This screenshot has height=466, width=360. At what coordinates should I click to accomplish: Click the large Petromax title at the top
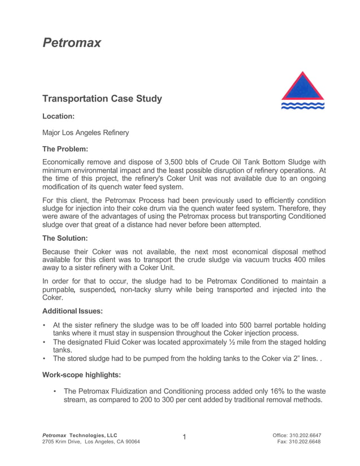click(x=72, y=43)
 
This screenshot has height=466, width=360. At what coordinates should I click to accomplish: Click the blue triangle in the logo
click(x=303, y=89)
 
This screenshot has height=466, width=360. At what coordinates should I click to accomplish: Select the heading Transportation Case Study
click(x=102, y=99)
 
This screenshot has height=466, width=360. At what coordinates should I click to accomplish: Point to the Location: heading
click(x=59, y=116)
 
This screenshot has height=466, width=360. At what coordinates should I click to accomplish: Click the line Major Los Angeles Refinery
click(x=86, y=133)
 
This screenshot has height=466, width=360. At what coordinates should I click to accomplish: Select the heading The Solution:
click(x=65, y=238)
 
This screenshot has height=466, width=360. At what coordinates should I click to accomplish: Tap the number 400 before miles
click(x=289, y=260)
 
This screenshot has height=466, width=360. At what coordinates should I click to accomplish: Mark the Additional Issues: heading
click(x=73, y=311)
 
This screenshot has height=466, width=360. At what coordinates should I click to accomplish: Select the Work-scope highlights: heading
click(x=81, y=375)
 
